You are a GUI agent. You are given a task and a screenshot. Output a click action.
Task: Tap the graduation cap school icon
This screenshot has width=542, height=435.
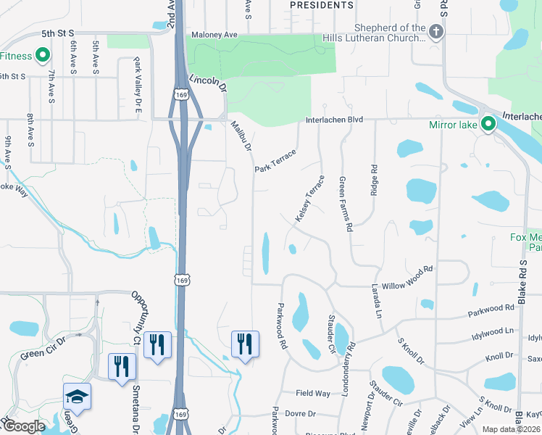(x=77, y=397)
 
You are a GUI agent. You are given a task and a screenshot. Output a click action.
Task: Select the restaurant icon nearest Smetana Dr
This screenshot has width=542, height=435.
(x=121, y=365)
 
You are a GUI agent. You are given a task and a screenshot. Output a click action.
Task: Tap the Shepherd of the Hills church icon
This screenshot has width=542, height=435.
(x=435, y=32)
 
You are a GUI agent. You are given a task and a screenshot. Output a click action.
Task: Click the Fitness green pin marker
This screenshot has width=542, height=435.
(x=42, y=55)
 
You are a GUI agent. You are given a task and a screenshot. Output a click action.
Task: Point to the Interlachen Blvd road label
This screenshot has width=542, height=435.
(x=333, y=120)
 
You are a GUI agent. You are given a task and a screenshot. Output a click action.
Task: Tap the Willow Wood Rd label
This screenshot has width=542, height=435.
(x=406, y=269)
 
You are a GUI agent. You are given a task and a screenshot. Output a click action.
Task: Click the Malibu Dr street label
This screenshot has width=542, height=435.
(x=241, y=136)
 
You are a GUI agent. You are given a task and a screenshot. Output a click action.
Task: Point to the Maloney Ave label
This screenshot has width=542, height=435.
(x=214, y=35)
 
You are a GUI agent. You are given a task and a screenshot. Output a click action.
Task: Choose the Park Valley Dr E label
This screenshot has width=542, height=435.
(x=137, y=86)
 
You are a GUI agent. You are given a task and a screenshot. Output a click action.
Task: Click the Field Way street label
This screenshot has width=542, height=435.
(x=313, y=393)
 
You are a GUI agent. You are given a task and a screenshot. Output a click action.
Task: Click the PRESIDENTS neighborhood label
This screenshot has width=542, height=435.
(x=321, y=5)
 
